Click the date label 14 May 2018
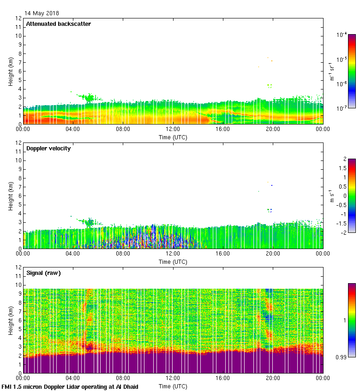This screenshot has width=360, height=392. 42,13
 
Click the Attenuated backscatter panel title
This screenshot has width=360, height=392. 58,24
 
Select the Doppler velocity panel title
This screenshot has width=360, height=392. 48,148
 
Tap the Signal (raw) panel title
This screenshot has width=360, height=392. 44,273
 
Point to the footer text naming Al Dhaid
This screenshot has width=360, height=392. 70,386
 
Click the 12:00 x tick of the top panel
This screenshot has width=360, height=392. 173,129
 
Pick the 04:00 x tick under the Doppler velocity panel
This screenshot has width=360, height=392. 73,254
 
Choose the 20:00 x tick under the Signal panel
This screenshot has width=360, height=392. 273,378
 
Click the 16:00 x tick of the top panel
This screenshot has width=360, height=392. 223,129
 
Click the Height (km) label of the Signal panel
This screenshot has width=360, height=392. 10,321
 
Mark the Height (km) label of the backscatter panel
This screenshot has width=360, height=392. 10,71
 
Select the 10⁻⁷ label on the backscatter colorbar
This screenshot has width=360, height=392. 342,108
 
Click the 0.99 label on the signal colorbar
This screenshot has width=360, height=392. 341,357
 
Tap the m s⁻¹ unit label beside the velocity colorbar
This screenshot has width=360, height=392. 331,196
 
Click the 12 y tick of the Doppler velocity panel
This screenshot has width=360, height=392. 19,143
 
